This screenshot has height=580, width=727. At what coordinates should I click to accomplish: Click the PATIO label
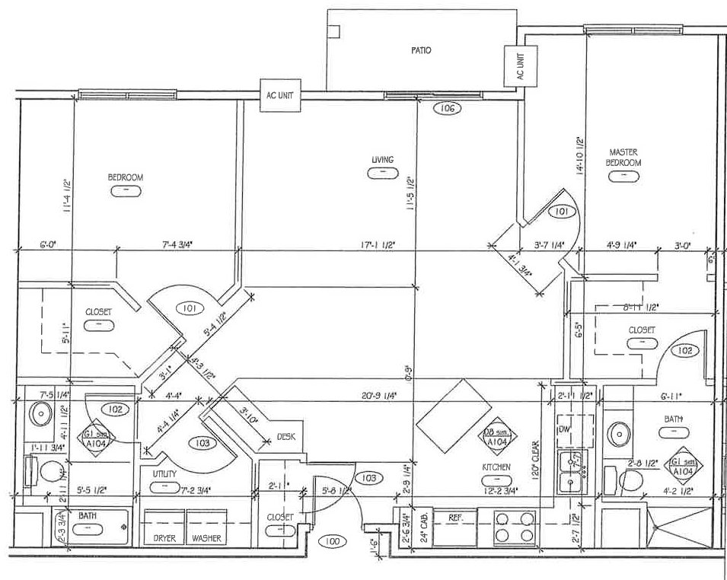[421, 50]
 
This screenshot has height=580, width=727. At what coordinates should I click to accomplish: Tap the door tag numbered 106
[448, 109]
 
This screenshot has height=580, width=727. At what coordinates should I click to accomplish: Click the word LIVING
[382, 160]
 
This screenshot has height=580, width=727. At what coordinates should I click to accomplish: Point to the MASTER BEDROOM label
[623, 157]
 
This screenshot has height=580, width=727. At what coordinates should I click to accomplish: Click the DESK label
[286, 436]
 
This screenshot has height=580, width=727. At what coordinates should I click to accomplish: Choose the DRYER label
[164, 538]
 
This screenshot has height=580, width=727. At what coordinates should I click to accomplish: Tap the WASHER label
[207, 538]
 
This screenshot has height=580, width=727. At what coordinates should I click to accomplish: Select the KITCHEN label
[495, 467]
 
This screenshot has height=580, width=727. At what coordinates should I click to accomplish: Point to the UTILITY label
[164, 473]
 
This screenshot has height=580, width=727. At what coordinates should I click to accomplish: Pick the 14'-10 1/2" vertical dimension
[580, 156]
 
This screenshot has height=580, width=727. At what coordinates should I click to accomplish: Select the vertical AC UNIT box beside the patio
[521, 65]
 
